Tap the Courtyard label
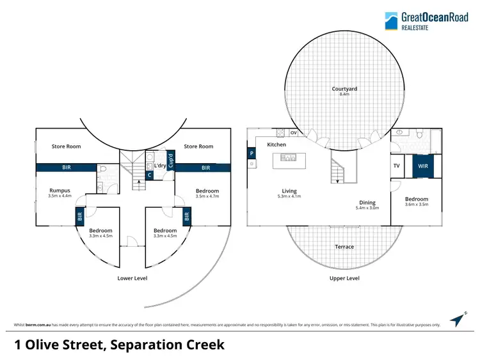point(344,89)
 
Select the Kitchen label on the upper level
point(276,145)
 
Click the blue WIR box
point(422,166)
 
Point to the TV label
point(397,166)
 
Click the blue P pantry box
point(252,153)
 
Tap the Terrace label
point(344,246)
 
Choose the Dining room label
point(367,201)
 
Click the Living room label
point(289,190)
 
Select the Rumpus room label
point(60,190)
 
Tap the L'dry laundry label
point(160,166)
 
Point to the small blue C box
point(149,174)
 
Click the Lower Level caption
point(132,278)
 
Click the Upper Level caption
point(344,278)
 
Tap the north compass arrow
point(456,318)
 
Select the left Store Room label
point(67,146)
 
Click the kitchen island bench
point(294,161)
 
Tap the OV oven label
point(294,132)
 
